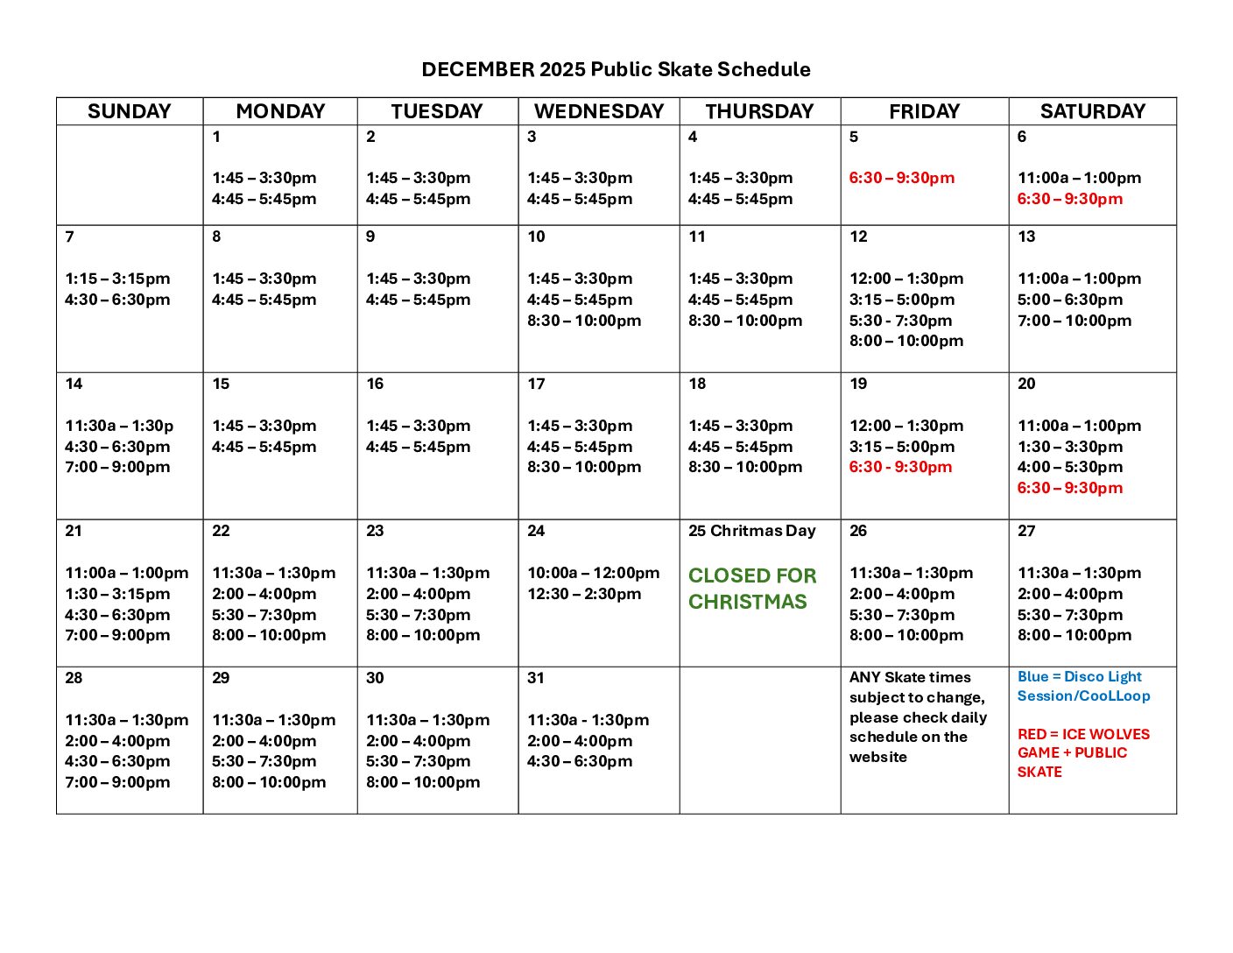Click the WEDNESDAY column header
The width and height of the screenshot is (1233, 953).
(599, 111)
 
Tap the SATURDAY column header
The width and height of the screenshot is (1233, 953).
(1092, 111)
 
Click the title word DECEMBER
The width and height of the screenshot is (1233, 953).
(477, 70)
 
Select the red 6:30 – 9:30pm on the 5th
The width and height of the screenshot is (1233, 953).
(901, 178)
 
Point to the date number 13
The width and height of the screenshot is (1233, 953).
(1026, 236)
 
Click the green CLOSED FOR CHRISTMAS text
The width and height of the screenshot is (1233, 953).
(751, 589)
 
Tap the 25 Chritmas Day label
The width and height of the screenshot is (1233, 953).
(751, 531)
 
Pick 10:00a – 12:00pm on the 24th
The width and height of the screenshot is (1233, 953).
(593, 573)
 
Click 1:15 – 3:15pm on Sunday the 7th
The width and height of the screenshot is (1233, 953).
(117, 279)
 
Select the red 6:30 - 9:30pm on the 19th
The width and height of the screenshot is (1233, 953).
(900, 467)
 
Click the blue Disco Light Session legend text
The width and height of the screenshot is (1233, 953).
(1083, 686)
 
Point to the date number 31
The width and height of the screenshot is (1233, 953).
(536, 678)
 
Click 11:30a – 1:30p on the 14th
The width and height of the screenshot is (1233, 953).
(119, 426)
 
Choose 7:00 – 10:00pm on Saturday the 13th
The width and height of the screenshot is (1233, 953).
(1074, 321)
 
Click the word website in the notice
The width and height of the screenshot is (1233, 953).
(877, 757)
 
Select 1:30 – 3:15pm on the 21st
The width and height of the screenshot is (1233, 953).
(117, 594)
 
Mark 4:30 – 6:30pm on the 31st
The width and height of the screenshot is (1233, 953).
(580, 761)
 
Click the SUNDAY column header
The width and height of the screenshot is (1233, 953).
(129, 111)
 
